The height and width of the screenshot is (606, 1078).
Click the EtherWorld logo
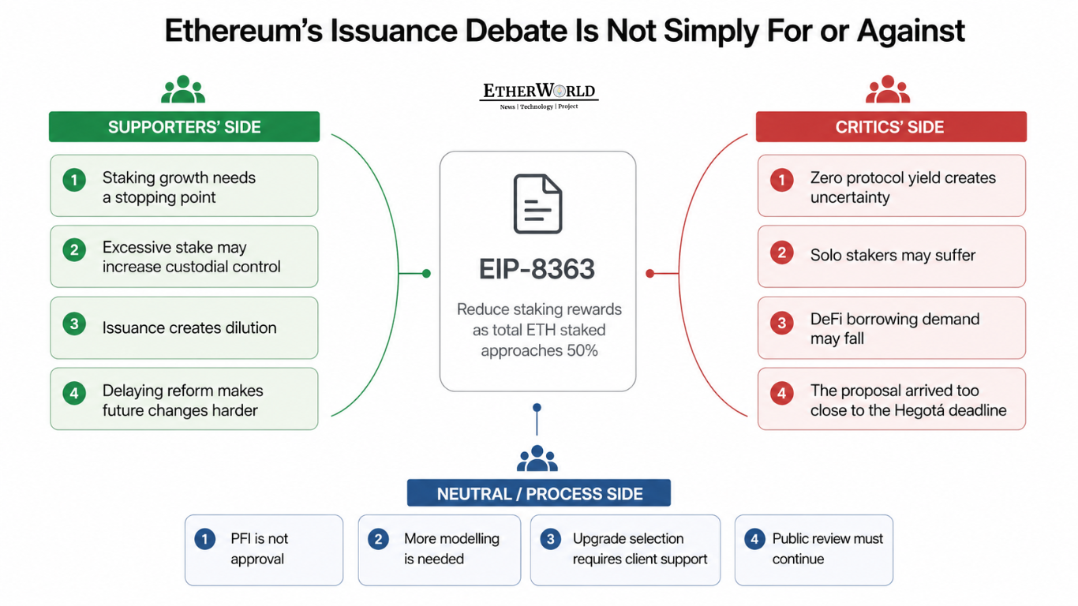tap(538, 95)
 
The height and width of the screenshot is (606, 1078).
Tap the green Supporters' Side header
tap(185, 126)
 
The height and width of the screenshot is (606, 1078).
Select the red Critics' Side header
tap(891, 126)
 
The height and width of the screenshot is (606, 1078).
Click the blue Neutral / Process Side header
tap(539, 493)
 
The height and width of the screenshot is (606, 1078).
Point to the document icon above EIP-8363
tap(537, 204)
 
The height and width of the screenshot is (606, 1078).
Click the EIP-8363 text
tap(537, 268)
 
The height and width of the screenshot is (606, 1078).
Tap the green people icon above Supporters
tap(183, 89)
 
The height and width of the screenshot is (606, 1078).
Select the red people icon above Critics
tap(888, 89)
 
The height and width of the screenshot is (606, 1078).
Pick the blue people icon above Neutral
tap(537, 458)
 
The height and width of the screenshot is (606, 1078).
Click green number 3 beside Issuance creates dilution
tap(74, 324)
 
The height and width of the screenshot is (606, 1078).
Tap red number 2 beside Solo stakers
tap(781, 252)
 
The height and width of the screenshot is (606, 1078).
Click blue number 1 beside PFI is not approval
tap(204, 539)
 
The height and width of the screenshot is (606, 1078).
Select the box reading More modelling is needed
tap(440, 550)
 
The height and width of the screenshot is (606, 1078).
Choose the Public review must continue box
tap(814, 550)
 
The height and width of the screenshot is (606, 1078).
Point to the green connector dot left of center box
tap(426, 273)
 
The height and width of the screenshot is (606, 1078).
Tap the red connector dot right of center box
tap(649, 273)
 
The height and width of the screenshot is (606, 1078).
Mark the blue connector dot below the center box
tap(537, 408)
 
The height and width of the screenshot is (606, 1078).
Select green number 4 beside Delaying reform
tap(74, 393)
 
